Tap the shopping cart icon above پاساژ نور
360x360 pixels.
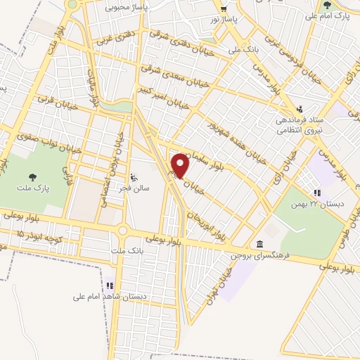pyautogui.click(x=223, y=9)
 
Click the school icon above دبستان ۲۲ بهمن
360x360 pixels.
pyautogui.click(x=317, y=192)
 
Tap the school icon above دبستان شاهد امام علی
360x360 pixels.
pyautogui.click(x=110, y=286)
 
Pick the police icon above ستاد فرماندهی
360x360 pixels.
pyautogui.click(x=300, y=109)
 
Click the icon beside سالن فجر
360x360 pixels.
pyautogui.click(x=136, y=177)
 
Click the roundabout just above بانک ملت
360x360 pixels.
pyautogui.click(x=123, y=231)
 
